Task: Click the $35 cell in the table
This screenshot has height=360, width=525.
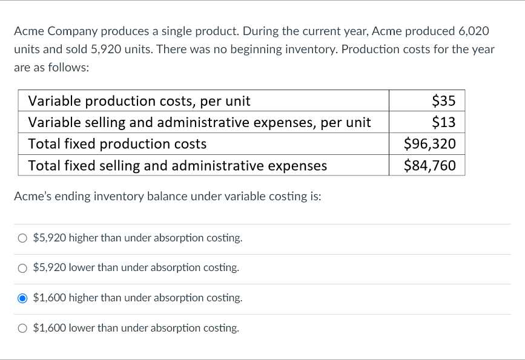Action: (x=443, y=100)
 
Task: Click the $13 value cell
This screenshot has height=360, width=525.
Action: (x=443, y=122)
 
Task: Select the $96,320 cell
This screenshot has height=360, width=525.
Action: (x=429, y=144)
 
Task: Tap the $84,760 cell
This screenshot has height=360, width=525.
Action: (x=429, y=165)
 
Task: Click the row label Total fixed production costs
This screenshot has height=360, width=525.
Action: (x=117, y=144)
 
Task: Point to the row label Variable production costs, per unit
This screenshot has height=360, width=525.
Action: (x=139, y=100)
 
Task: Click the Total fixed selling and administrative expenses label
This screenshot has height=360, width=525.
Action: (x=177, y=165)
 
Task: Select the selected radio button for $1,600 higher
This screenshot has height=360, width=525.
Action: (x=22, y=298)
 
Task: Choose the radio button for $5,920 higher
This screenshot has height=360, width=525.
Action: (x=22, y=238)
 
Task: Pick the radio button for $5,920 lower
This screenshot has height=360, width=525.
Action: (x=22, y=267)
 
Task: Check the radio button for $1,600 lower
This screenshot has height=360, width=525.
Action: (x=22, y=328)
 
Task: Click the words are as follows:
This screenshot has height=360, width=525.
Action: (x=51, y=67)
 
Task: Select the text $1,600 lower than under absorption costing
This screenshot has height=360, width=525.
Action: (x=136, y=328)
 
